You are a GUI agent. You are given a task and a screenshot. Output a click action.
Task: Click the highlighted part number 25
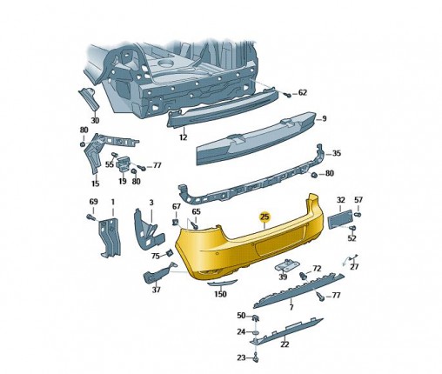(x=265, y=217)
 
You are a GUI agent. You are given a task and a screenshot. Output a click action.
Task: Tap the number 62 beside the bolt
(x=303, y=93)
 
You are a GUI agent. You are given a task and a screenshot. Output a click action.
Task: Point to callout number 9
(x=325, y=118)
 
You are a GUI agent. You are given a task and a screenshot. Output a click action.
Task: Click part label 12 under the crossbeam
(x=183, y=137)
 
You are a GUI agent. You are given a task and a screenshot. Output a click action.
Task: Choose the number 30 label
(x=95, y=120)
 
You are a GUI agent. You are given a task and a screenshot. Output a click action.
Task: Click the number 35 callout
(x=337, y=153)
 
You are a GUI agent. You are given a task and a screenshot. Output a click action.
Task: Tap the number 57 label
(x=358, y=200)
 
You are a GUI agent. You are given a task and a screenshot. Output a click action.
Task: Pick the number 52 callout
(x=352, y=238)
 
